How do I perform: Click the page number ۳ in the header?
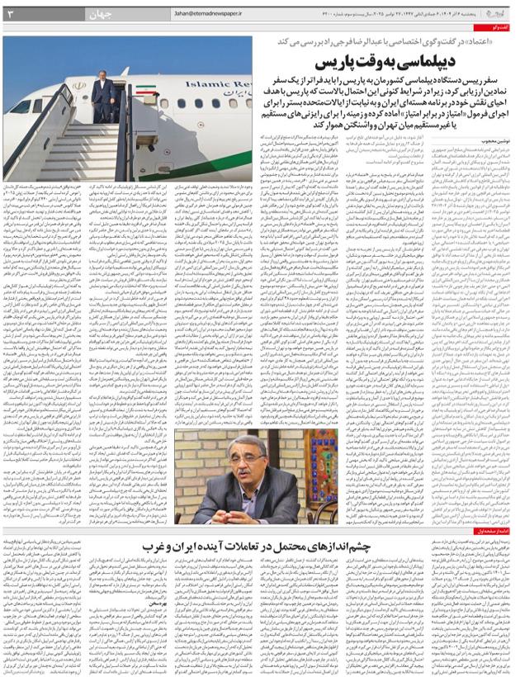[11, 12]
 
